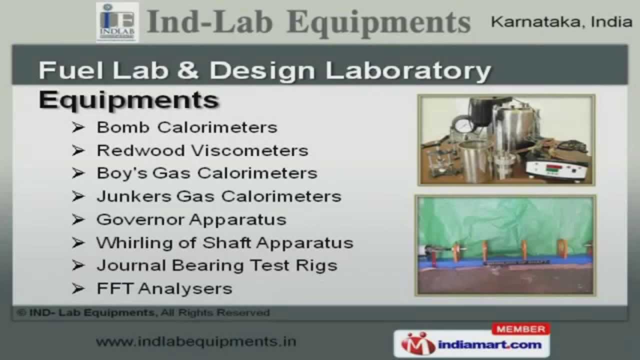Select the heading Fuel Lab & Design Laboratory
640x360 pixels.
265,70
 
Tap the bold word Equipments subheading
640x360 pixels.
129,100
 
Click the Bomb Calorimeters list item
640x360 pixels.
187,127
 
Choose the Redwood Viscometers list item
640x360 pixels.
202,150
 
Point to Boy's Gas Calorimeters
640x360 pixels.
207,173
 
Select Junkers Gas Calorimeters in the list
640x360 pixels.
219,196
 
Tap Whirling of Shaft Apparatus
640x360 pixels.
225,242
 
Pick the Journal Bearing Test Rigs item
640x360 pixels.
217,265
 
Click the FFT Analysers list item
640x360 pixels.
164,288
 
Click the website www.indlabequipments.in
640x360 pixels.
196,341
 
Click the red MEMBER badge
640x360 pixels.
521,329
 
